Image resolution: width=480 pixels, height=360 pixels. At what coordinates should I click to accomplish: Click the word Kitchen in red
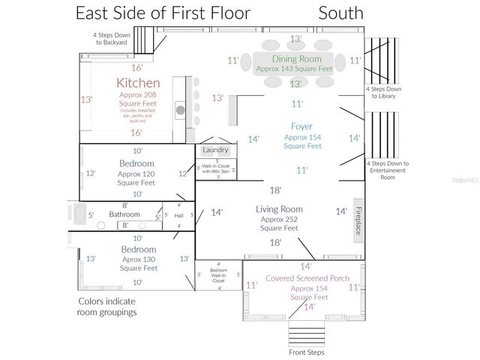pyautogui.click(x=138, y=82)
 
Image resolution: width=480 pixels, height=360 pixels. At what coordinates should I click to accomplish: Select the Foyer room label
pyautogui.click(x=302, y=127)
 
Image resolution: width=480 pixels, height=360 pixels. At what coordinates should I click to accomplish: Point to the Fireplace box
pyautogui.click(x=358, y=220)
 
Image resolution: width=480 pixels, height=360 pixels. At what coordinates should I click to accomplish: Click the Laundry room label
pyautogui.click(x=216, y=151)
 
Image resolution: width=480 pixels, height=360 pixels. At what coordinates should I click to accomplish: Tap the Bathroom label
pyautogui.click(x=124, y=214)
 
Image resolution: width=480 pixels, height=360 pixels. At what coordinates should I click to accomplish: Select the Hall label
pyautogui.click(x=178, y=216)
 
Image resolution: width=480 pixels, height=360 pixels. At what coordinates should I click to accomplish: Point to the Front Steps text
pyautogui.click(x=307, y=352)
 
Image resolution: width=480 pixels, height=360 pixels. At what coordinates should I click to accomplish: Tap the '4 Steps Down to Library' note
pyautogui.click(x=383, y=93)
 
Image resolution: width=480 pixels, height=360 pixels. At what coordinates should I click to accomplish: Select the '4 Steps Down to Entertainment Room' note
pyautogui.click(x=387, y=170)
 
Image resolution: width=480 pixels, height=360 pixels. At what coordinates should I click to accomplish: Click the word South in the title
pyautogui.click(x=340, y=13)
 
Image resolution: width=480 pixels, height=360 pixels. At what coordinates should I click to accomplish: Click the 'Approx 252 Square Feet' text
pyautogui.click(x=279, y=223)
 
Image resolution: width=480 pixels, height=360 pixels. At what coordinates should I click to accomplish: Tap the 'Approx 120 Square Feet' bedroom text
pyautogui.click(x=136, y=178)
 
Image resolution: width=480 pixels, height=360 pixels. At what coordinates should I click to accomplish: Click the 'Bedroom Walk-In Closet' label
pyautogui.click(x=218, y=275)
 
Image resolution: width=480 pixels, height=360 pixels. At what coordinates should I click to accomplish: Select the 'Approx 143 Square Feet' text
pyautogui.click(x=294, y=68)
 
